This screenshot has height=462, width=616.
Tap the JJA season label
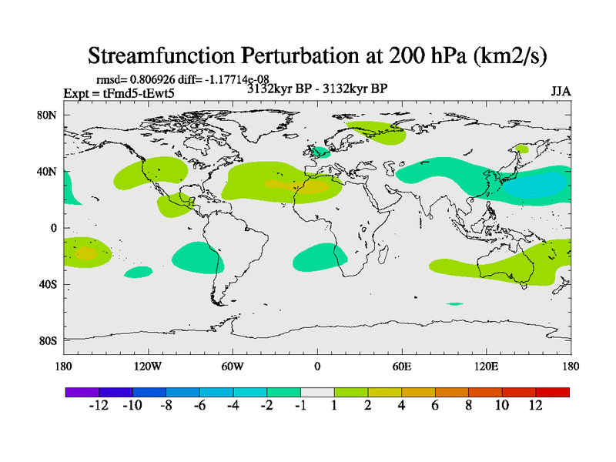pyautogui.click(x=561, y=91)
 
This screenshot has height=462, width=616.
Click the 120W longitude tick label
pyautogui.click(x=148, y=366)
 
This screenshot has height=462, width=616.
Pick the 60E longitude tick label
pyautogui.click(x=401, y=366)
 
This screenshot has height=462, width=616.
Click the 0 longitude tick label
pyautogui.click(x=317, y=366)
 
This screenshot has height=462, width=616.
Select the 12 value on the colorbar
pyautogui.click(x=535, y=406)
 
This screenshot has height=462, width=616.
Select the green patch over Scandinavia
pyautogui.click(x=375, y=132)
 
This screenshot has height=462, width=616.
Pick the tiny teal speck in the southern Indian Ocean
pyautogui.click(x=454, y=304)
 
